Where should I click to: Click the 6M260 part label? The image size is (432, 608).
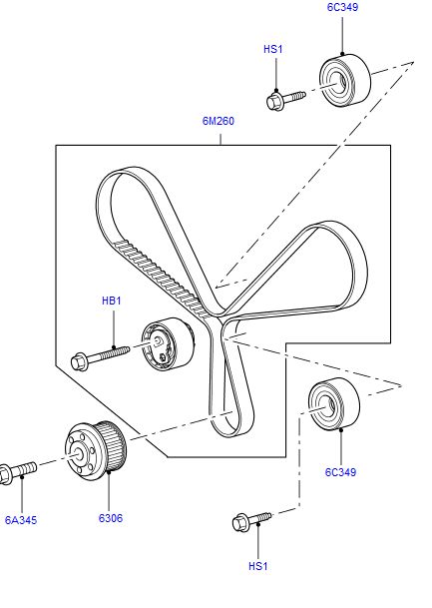pyautogui.click(x=218, y=123)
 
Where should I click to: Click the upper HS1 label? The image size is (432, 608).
pyautogui.click(x=273, y=48)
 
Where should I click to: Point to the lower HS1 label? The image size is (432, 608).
pyautogui.click(x=258, y=566)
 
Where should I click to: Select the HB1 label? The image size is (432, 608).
pyautogui.click(x=112, y=300)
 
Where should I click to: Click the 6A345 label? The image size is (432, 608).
pyautogui.click(x=21, y=519)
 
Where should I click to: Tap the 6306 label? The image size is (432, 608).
pyautogui.click(x=110, y=519)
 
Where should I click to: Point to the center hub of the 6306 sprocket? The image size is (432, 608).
pyautogui.click(x=77, y=455)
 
